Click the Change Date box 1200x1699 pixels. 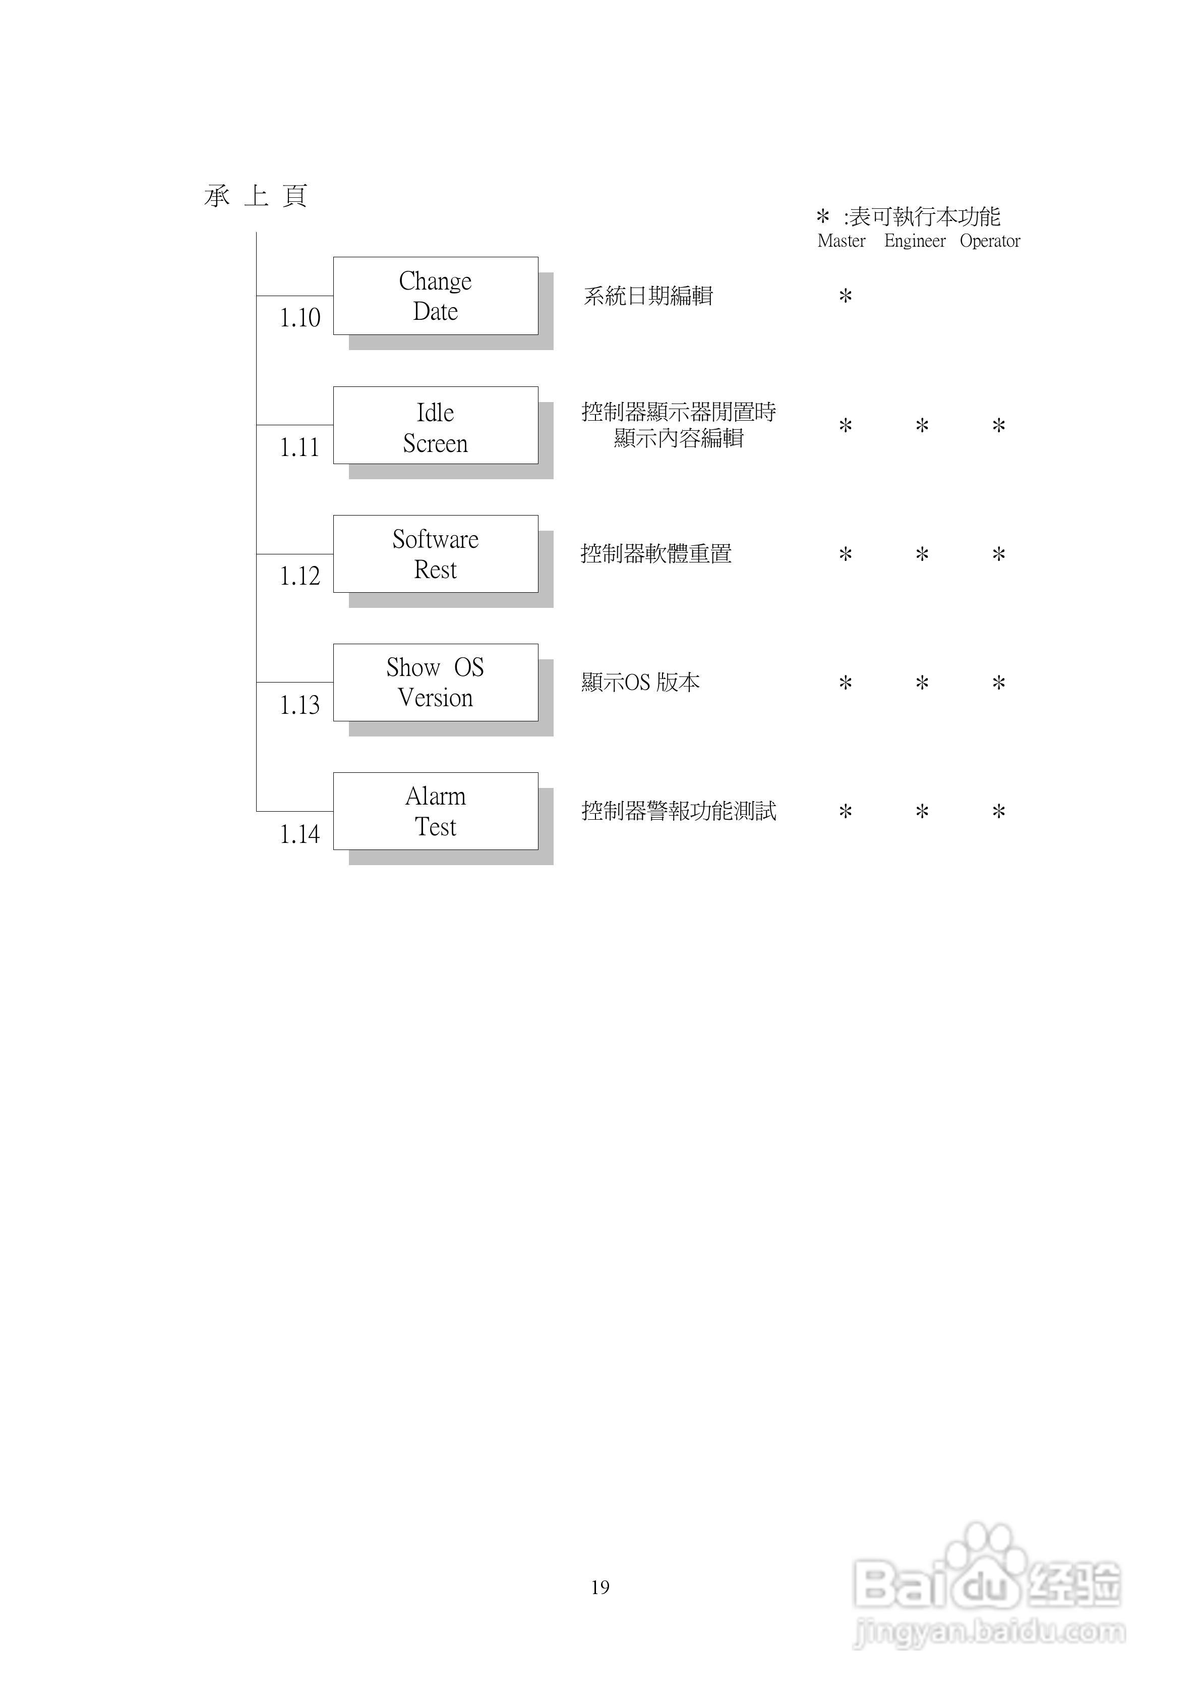[x=435, y=296]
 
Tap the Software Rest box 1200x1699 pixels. [x=435, y=554]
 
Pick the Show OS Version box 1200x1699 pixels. [x=435, y=682]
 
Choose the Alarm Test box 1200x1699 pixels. [x=435, y=811]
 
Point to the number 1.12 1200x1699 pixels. [x=299, y=576]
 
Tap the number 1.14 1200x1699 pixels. [x=299, y=834]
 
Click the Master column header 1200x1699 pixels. [x=841, y=241]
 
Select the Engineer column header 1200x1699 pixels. [x=915, y=241]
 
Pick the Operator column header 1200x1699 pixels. [x=990, y=241]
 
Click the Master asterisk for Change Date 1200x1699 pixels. [x=845, y=297]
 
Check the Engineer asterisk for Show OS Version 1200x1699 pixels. [x=922, y=683]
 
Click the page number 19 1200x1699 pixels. [x=600, y=1587]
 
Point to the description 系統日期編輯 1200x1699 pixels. [x=648, y=296]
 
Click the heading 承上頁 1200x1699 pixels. [x=255, y=196]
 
